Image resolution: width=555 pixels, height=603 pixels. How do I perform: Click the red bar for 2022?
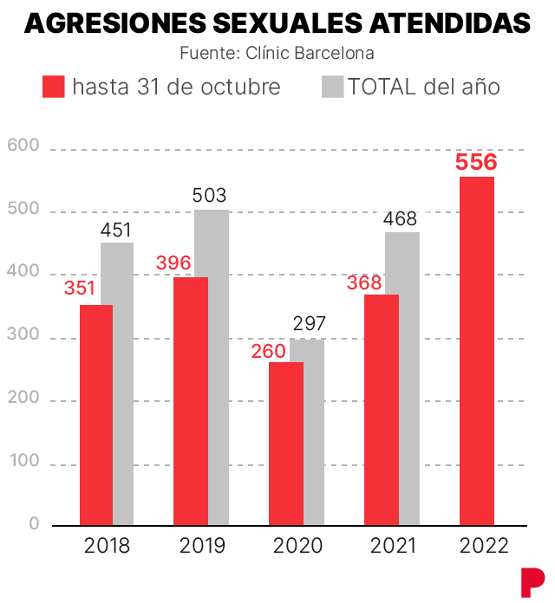[x=477, y=351]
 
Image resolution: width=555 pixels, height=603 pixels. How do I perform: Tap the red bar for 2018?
[x=95, y=414]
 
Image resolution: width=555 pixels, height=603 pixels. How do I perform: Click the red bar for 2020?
[x=285, y=443]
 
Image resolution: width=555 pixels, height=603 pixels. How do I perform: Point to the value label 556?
[x=477, y=163]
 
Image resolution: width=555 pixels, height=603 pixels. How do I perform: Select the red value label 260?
[x=268, y=351]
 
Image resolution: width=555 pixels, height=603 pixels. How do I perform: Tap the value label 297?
[x=308, y=325]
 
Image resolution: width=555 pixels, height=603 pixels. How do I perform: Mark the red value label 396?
[x=173, y=263]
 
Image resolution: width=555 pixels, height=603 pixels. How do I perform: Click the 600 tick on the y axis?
[x=23, y=146]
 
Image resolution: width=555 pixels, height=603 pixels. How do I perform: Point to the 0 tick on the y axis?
[x=34, y=523]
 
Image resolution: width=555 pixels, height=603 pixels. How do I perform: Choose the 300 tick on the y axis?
[x=23, y=334]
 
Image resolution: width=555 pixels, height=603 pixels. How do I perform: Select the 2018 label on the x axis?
[x=108, y=546]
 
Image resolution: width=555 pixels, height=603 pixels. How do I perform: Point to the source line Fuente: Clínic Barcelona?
[x=277, y=53]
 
